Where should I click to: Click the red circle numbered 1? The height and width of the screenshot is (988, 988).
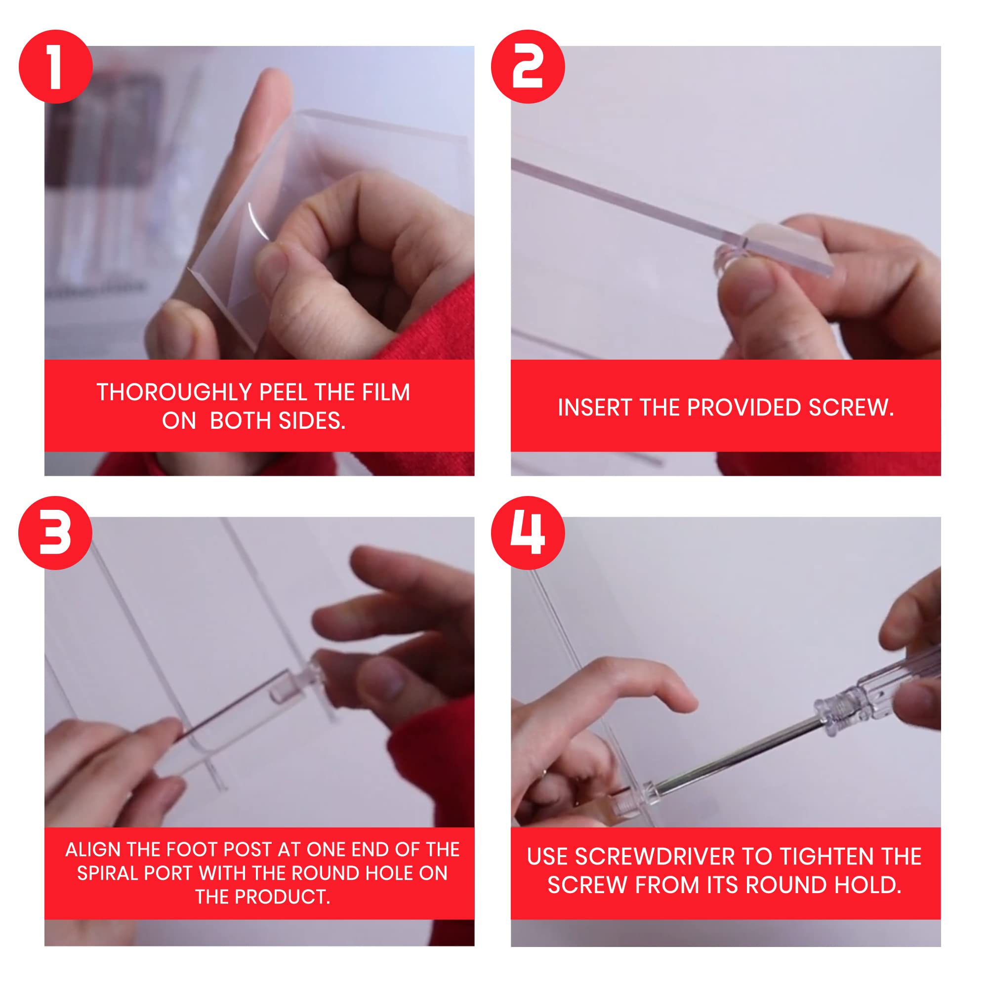[56, 67]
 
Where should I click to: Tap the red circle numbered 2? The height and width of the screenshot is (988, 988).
[528, 67]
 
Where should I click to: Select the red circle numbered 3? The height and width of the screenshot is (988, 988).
[56, 533]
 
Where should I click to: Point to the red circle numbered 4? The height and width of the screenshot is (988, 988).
[528, 533]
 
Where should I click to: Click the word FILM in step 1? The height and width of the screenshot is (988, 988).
[386, 392]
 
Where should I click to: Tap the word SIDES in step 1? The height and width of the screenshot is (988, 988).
[312, 421]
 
